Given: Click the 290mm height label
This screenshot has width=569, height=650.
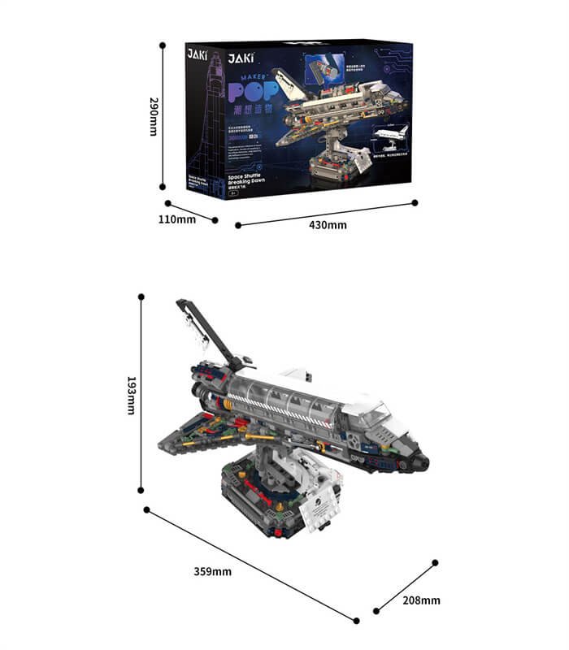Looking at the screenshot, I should [152, 116].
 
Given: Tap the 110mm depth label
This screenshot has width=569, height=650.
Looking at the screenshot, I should [176, 219].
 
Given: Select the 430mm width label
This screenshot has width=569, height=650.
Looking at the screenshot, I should [328, 224].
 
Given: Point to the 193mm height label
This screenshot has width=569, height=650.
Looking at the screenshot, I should [130, 395].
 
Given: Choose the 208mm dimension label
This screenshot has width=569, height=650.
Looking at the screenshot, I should [421, 600].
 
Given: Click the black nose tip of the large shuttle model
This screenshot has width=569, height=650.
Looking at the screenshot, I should [423, 464].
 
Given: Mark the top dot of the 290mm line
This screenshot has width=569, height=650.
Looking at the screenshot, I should [163, 45].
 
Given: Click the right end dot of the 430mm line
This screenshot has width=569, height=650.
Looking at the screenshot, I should [415, 202].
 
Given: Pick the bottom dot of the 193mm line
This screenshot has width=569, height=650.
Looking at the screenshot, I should [141, 490].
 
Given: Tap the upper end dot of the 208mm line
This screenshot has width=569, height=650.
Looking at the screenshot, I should [435, 562].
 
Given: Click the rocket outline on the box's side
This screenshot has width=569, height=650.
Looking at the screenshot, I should [206, 114].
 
